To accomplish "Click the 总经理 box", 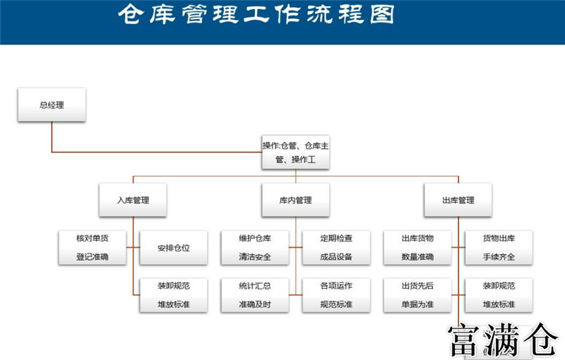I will point(52,105).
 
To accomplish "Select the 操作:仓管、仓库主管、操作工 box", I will point(296,152).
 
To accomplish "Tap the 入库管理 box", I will point(133,200).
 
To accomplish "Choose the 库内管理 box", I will point(296,200).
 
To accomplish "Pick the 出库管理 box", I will point(458,200).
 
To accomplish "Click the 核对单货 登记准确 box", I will point(93,247).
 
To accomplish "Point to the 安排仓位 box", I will point(174,248).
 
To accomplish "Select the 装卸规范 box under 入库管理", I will point(174,296).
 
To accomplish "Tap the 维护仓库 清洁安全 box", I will point(255,247).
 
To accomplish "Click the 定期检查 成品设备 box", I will point(336,247).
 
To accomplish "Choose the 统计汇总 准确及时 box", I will point(255,296).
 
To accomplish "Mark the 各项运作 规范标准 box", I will point(336,296).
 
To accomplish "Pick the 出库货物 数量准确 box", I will point(417,247).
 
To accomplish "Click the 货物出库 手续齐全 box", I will point(499,247).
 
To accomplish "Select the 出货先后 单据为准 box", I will point(417,296).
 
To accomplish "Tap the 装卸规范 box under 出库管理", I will point(499,296).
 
